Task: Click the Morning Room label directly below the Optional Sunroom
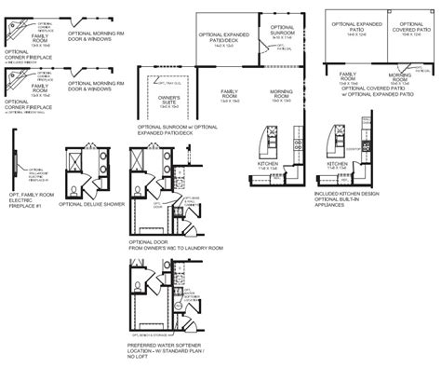[280, 93]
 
